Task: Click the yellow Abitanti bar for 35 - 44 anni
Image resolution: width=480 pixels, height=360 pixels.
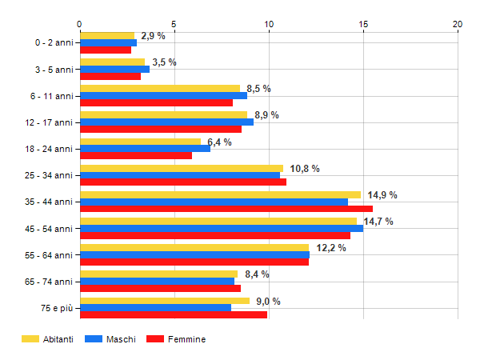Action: [x=220, y=194]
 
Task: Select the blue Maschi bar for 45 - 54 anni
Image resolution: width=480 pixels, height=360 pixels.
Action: [x=222, y=228]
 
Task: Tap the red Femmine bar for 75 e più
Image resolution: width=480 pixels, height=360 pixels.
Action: [x=174, y=314]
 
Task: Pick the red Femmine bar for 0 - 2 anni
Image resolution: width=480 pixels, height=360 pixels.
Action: [x=106, y=50]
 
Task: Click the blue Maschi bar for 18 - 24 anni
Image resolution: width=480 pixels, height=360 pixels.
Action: [x=145, y=148]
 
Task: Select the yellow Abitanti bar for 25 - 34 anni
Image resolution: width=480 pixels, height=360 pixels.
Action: [x=182, y=168]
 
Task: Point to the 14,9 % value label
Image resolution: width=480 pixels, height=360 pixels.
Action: [x=382, y=195]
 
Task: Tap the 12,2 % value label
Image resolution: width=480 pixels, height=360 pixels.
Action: [x=331, y=248]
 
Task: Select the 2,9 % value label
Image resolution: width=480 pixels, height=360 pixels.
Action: [x=153, y=36]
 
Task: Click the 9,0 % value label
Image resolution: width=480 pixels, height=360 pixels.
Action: [x=267, y=302]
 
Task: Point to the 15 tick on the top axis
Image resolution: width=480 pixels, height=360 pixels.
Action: [x=363, y=24]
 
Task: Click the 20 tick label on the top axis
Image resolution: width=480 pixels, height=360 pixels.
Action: [x=458, y=24]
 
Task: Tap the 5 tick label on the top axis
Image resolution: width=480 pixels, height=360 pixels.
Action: [x=174, y=24]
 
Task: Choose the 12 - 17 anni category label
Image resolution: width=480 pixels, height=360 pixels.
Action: [x=49, y=122]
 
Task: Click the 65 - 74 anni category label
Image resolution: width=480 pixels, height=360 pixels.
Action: [x=49, y=281]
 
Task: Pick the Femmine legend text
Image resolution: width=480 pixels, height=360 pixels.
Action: [x=186, y=339]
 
